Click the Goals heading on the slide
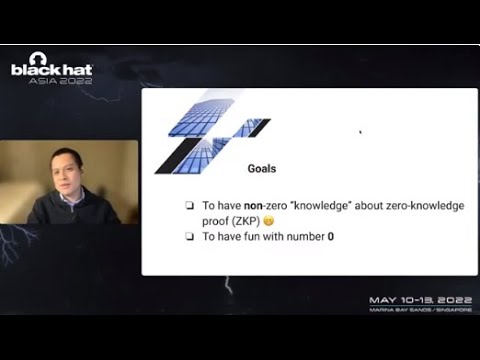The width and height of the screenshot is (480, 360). click(x=262, y=170)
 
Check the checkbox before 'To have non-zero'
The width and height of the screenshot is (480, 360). click(x=189, y=205)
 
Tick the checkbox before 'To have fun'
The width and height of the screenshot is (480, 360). click(x=189, y=237)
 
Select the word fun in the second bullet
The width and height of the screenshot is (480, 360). click(x=256, y=237)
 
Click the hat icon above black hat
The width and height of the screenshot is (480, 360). click(x=38, y=58)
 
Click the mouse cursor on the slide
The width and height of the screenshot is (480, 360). click(x=360, y=131)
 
